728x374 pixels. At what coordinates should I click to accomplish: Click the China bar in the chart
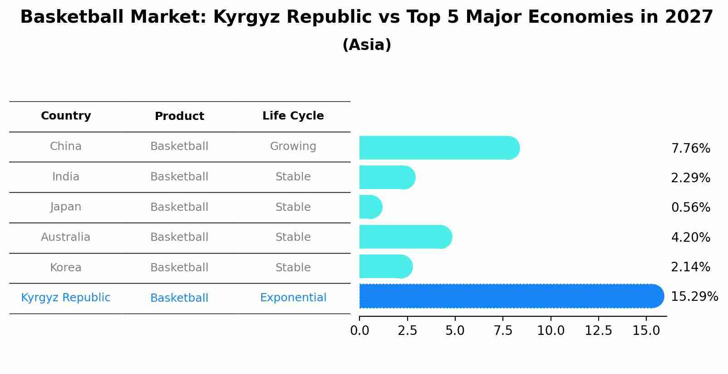pos(438,148)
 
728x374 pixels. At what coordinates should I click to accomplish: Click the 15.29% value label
pos(694,297)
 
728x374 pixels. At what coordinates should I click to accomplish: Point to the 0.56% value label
pos(690,208)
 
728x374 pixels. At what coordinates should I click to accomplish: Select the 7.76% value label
pos(690,149)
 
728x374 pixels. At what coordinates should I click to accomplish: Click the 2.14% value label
pos(690,267)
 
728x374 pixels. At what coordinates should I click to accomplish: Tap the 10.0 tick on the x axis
pos(551,331)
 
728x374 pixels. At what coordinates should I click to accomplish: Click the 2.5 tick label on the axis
pos(407,331)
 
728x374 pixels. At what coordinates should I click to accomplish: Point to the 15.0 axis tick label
pos(646,331)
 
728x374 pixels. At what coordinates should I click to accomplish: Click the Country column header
pos(66,116)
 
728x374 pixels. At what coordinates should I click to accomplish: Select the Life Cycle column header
pos(293,116)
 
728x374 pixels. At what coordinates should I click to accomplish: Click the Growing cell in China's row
pos(293,146)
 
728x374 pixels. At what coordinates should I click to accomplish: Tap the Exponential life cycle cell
pos(293,298)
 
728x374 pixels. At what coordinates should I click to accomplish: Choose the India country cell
pos(66,177)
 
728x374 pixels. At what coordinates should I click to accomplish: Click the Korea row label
pos(66,268)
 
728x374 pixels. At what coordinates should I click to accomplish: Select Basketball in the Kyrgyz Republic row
pos(179,298)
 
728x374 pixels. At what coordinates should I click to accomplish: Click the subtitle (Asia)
pos(367,45)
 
